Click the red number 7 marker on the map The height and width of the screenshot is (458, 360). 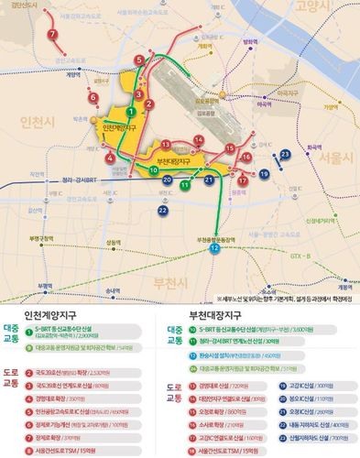pos(53,35)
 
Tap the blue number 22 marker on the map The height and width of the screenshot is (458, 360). pos(162,211)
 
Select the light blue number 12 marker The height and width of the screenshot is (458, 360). pos(213,248)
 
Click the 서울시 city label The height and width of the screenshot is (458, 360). pos(335,158)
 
